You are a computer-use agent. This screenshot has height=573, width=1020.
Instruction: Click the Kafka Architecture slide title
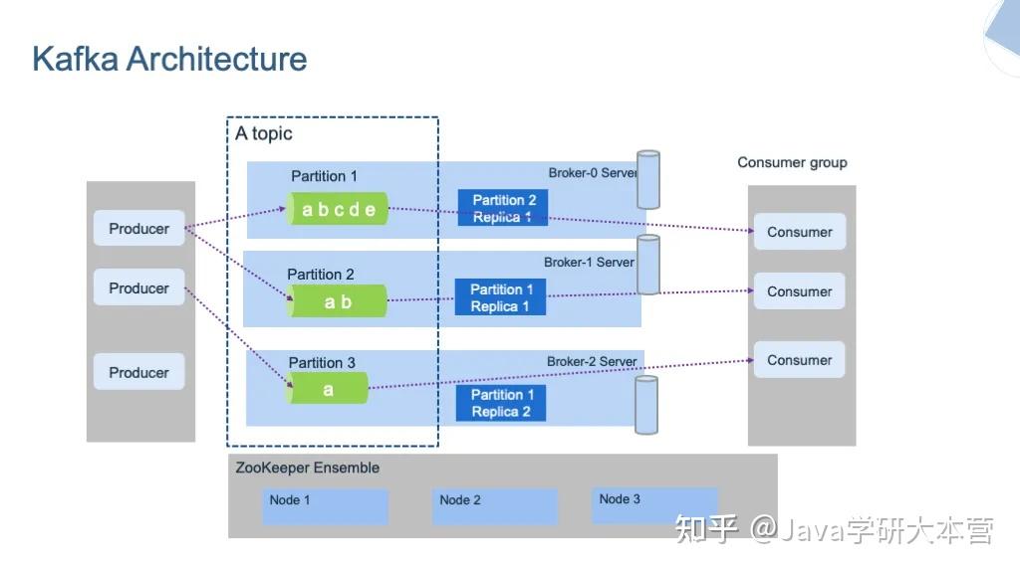[x=169, y=59]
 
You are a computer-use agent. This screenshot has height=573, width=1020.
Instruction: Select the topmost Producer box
[x=139, y=229]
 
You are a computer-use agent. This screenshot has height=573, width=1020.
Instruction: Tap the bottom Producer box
[x=139, y=372]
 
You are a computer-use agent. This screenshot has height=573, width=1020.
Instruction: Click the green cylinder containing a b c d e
[x=339, y=209]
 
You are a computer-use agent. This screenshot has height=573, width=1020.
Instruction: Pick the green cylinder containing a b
[x=338, y=301]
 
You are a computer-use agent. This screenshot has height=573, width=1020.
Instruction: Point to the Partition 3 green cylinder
[x=328, y=389]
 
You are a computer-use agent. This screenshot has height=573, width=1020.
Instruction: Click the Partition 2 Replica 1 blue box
[x=503, y=208]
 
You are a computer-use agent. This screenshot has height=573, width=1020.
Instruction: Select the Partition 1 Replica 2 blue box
[x=501, y=403]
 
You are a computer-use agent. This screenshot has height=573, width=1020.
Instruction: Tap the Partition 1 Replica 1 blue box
[x=501, y=297]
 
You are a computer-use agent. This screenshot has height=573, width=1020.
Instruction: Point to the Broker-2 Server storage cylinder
[x=647, y=404]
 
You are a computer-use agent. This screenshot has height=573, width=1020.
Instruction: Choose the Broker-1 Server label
[x=589, y=263]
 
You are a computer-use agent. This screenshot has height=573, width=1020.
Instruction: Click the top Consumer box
[x=799, y=232]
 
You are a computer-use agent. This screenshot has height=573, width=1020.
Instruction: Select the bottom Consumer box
[x=799, y=360]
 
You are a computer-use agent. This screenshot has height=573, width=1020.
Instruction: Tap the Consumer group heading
[x=792, y=162]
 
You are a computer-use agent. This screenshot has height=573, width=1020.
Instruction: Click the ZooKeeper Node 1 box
[x=326, y=506]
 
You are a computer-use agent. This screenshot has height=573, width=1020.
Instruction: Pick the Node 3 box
[x=654, y=505]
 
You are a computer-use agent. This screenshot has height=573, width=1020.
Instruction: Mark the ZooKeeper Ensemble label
[x=308, y=468]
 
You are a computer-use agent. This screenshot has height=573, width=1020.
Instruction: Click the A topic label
[x=264, y=133]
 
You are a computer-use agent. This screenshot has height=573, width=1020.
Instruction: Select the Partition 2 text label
[x=321, y=275]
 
